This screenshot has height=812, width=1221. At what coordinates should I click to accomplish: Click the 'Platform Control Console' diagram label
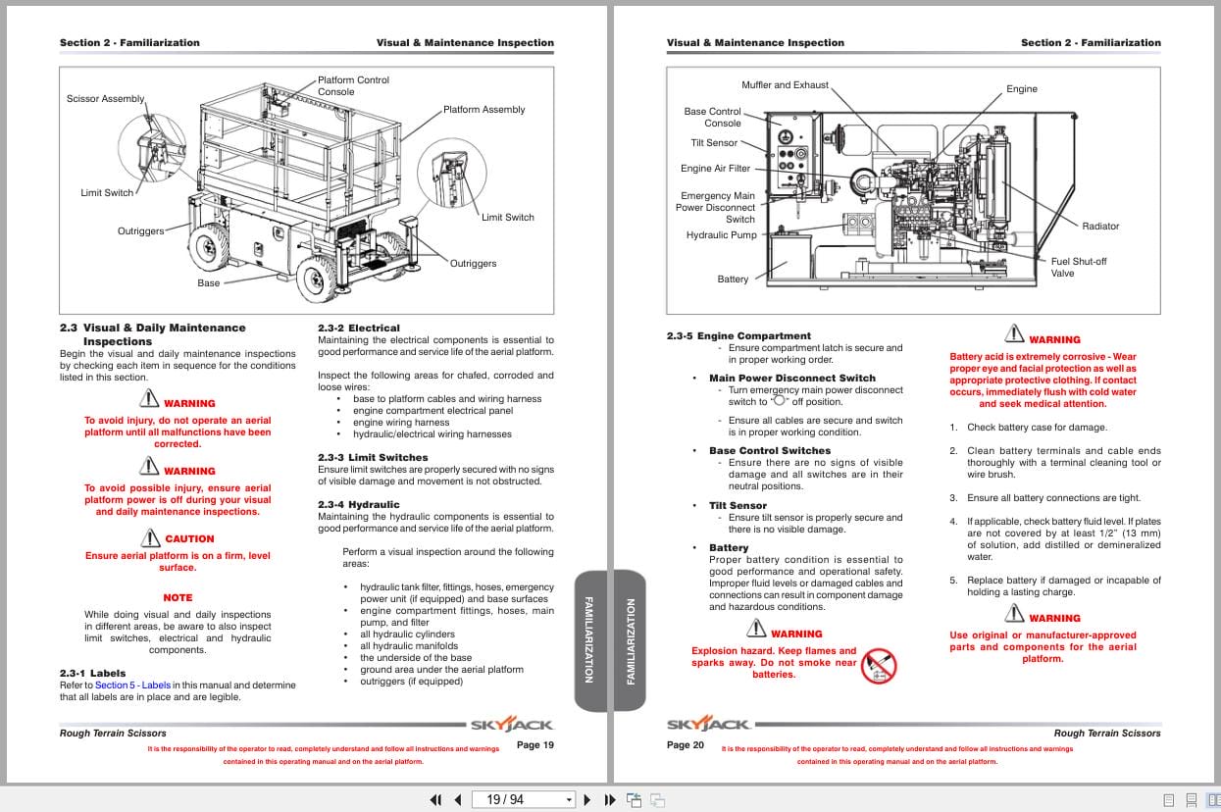tap(353, 86)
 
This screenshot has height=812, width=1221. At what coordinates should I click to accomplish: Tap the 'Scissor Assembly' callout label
tap(105, 99)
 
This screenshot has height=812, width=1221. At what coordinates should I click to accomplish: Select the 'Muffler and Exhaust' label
tap(785, 85)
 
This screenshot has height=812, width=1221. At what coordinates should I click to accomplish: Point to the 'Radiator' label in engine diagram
tap(1099, 227)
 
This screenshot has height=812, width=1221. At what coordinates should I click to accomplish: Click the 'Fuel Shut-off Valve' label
tap(1078, 268)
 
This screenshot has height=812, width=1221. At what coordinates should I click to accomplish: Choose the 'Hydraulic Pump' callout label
tap(721, 235)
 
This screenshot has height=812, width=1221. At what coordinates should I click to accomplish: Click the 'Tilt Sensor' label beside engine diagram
tap(714, 143)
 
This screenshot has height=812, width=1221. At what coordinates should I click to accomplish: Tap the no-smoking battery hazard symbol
tap(878, 666)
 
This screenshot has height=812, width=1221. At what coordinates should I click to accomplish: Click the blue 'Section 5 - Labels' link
tap(132, 685)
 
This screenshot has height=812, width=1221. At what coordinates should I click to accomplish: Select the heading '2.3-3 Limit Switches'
tap(373, 458)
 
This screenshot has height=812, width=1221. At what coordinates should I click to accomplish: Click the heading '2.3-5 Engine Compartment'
tap(738, 336)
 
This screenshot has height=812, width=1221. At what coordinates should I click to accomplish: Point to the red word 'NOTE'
tap(178, 598)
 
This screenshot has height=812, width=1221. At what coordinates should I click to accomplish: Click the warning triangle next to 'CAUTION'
tap(150, 537)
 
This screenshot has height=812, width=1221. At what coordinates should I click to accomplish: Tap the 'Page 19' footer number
tap(534, 745)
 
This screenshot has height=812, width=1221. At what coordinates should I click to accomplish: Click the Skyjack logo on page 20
tap(709, 726)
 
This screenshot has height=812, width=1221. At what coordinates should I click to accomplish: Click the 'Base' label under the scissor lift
tap(209, 283)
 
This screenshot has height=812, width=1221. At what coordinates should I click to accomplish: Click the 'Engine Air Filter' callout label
tap(715, 169)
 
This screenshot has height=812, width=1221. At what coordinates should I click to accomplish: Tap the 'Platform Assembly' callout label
tap(483, 110)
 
